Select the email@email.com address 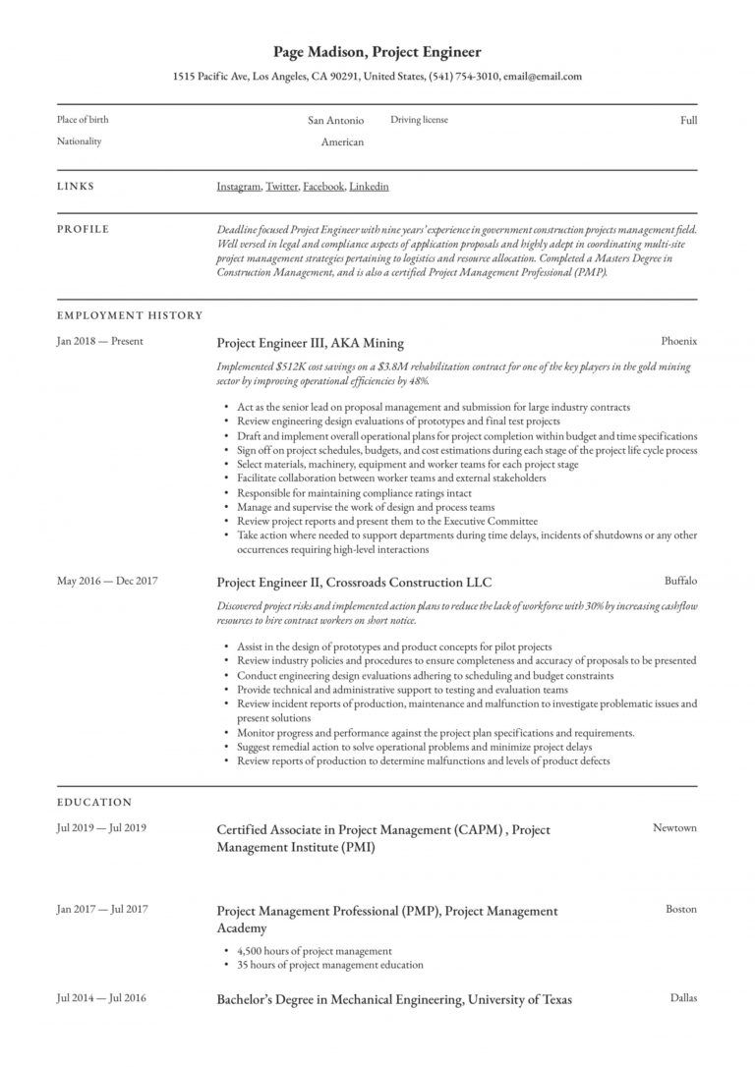click(543, 76)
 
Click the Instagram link click(238, 186)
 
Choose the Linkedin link click(369, 186)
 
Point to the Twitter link click(282, 186)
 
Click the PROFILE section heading click(83, 229)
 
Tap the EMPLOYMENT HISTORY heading click(130, 315)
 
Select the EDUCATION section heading click(94, 802)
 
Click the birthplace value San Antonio click(335, 121)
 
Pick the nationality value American click(342, 142)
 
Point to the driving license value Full click(688, 121)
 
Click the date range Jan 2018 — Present click(99, 342)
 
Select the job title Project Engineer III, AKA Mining click(310, 343)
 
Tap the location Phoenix click(679, 342)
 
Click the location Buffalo click(680, 581)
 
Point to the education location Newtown click(674, 828)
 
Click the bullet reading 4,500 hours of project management click(314, 951)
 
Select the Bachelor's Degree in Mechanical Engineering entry click(394, 1000)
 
